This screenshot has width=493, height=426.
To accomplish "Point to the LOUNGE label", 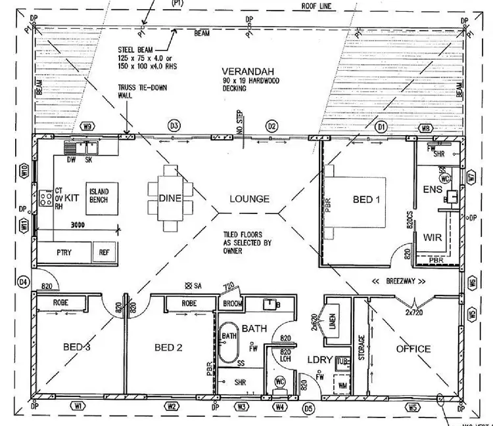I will (x=249, y=199).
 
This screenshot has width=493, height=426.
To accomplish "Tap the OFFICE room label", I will (x=413, y=349).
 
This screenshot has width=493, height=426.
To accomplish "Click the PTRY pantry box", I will (x=64, y=252).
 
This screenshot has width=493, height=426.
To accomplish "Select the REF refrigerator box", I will (x=104, y=252).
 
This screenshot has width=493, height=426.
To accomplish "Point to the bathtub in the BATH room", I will (x=229, y=341).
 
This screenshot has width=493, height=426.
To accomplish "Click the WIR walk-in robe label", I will (x=433, y=237).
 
